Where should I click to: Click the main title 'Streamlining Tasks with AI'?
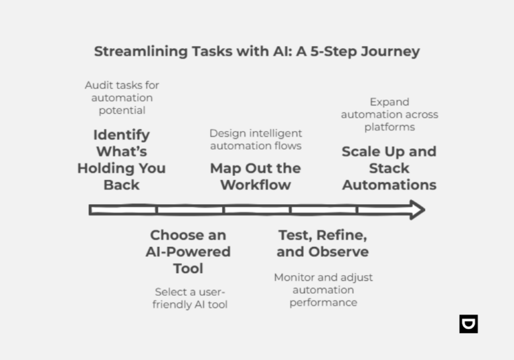(x=256, y=52)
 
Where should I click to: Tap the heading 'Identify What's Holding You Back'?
(x=121, y=159)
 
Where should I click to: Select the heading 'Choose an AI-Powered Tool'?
(x=188, y=252)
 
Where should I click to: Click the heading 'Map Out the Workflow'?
(x=255, y=176)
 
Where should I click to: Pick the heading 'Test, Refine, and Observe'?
(x=322, y=244)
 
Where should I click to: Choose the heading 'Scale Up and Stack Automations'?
(x=389, y=168)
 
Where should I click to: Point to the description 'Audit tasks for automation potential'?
(x=122, y=98)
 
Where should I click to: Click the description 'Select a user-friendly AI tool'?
(x=191, y=298)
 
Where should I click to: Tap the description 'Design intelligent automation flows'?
(x=256, y=139)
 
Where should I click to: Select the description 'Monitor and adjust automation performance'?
(x=323, y=290)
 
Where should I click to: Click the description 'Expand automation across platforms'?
(x=389, y=114)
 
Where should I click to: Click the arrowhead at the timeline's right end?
(x=416, y=210)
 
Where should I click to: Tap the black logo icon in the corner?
(x=468, y=324)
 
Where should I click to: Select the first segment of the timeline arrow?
(x=123, y=210)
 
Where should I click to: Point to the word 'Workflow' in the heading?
(x=255, y=185)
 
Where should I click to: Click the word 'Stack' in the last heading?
(x=389, y=168)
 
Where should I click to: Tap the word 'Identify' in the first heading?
(x=121, y=134)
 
